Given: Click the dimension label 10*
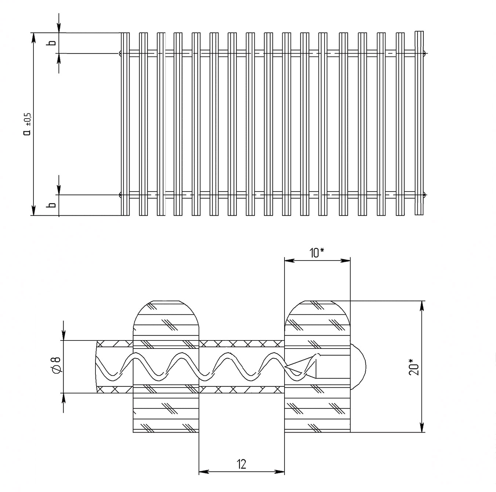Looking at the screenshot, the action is (316, 253).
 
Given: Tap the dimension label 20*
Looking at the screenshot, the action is (414, 367).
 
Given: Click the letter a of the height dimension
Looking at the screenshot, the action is (27, 132).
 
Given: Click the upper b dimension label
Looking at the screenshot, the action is (52, 43).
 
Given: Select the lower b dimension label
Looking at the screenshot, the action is (52, 205).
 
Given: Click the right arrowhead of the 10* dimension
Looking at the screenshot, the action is (346, 260).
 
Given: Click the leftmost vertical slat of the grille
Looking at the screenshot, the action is (125, 124).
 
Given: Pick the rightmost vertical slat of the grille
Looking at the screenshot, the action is (419, 123).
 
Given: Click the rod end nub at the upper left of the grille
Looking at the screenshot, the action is (120, 54).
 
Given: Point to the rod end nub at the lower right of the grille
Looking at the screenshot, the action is (425, 195).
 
